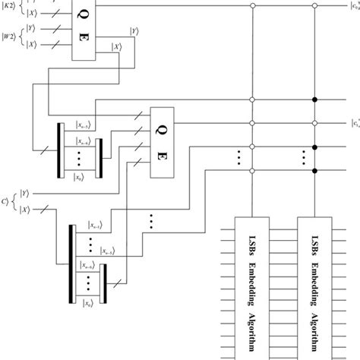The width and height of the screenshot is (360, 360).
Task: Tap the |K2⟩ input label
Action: tap(8, 10)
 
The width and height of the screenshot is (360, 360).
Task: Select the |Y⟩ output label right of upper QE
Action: tap(134, 31)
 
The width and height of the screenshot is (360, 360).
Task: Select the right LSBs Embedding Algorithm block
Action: tap(314, 289)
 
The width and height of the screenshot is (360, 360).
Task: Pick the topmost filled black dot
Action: tap(315, 99)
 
